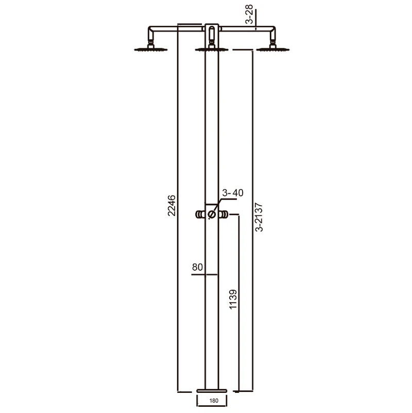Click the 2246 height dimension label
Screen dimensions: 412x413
pos(171,205)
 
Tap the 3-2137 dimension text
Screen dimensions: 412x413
pos(259,217)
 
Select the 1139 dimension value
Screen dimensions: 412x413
pos(233,299)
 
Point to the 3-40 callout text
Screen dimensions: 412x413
pos(233,192)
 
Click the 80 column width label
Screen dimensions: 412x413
pos(197,267)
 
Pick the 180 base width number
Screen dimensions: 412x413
pos(214,401)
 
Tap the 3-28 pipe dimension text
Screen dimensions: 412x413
pos(249,14)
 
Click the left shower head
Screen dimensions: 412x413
pos(151,48)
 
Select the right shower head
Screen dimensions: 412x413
pos(273,48)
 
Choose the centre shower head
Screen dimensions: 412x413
pos(212,48)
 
